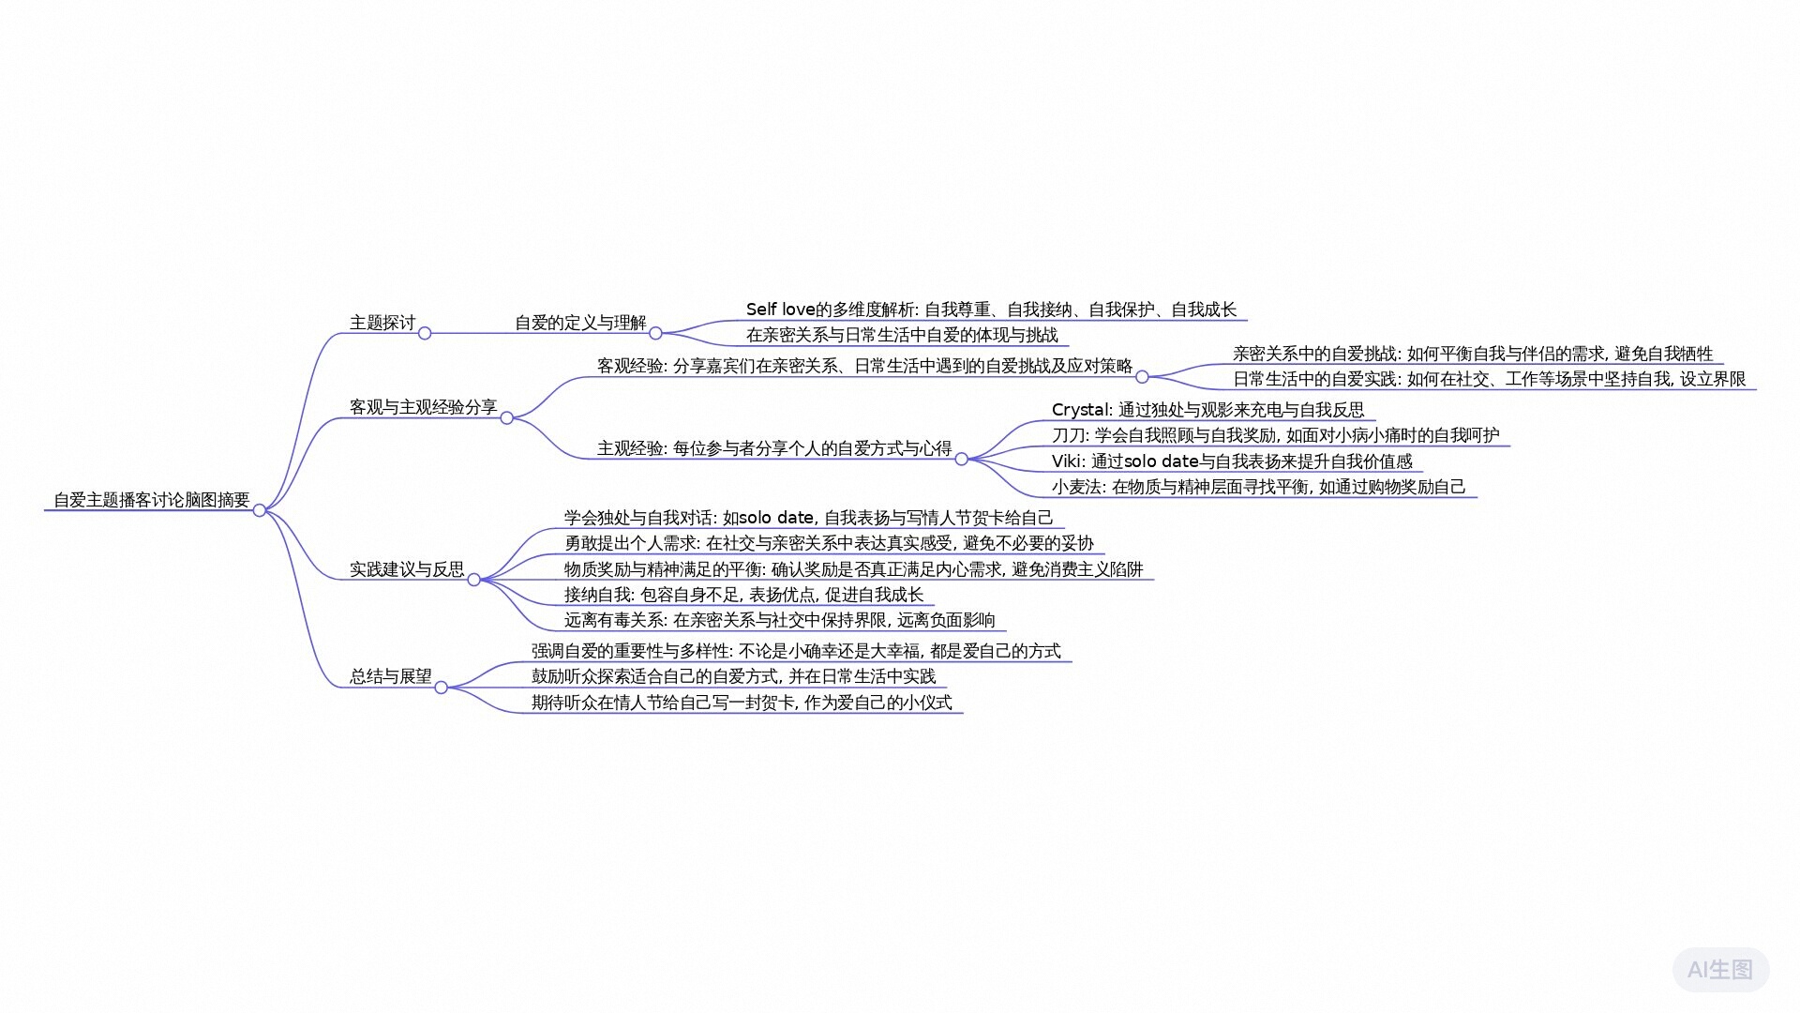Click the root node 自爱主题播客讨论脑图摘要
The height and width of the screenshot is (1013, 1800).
click(152, 500)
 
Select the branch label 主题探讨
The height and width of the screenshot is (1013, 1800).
click(382, 323)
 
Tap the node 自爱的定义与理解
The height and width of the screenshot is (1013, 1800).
click(580, 323)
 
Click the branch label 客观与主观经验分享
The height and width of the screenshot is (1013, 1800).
click(423, 407)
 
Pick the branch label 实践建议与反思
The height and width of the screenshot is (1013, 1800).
click(407, 569)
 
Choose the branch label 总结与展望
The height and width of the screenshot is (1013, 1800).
click(391, 676)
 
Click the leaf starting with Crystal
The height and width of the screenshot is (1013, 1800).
click(1207, 410)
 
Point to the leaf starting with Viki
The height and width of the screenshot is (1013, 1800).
click(1232, 461)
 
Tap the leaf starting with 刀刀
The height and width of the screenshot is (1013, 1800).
click(1275, 435)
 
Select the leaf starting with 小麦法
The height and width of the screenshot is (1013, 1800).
click(1258, 487)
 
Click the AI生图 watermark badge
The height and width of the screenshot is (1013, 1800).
click(1720, 969)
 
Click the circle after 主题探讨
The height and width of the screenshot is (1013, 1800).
click(425, 333)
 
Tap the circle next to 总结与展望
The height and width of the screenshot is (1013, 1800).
click(441, 688)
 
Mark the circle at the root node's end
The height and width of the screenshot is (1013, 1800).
click(260, 510)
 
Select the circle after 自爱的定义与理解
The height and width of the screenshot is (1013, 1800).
click(655, 333)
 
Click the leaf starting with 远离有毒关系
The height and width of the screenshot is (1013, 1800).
click(780, 620)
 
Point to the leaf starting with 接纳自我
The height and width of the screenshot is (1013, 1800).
click(743, 595)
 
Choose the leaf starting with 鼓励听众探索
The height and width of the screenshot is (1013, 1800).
click(733, 676)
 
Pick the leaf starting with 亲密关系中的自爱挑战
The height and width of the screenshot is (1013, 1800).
click(1473, 354)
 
